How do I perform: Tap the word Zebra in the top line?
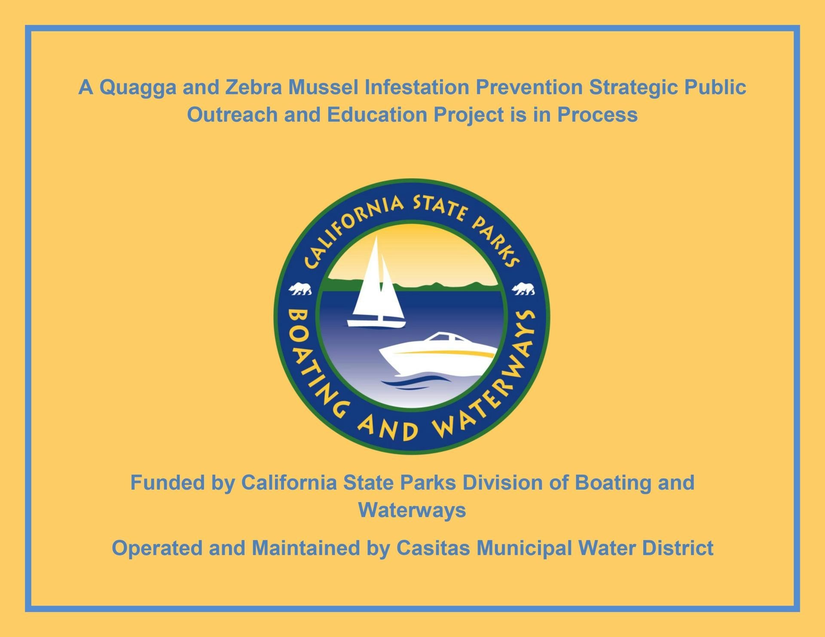pyautogui.click(x=254, y=87)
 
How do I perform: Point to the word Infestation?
pyautogui.click(x=417, y=87)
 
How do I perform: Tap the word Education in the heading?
pyautogui.click(x=377, y=115)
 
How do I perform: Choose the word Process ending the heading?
pyautogui.click(x=597, y=115)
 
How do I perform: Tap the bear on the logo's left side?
pyautogui.click(x=300, y=289)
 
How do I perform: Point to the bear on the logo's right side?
pyautogui.click(x=523, y=289)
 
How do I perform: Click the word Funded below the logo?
pyautogui.click(x=168, y=483)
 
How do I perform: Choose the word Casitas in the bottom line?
pyautogui.click(x=433, y=548)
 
